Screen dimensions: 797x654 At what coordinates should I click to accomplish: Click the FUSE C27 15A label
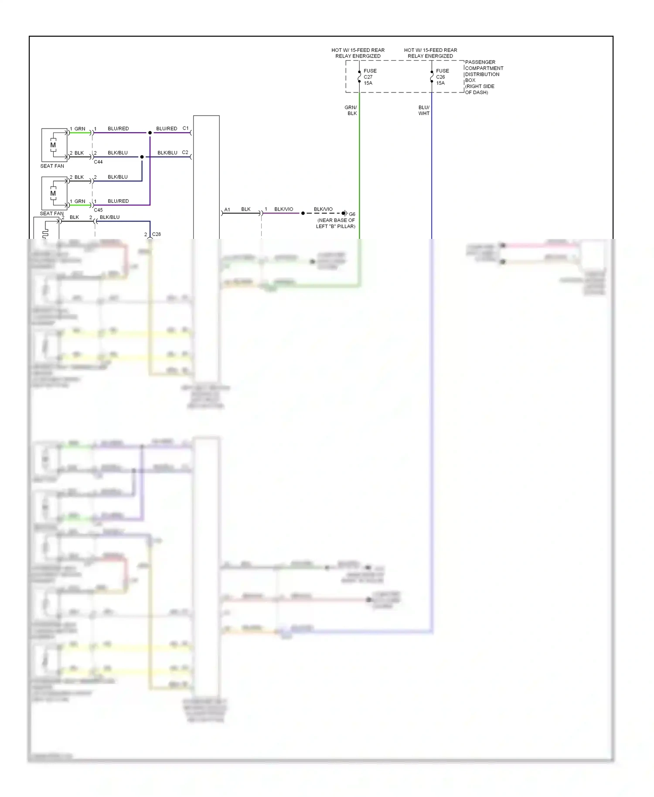click(370, 77)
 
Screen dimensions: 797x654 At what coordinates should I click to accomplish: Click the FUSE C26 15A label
click(442, 77)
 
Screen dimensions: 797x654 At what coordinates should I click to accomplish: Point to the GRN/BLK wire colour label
click(351, 110)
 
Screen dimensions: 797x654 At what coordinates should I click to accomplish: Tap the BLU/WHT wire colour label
click(424, 110)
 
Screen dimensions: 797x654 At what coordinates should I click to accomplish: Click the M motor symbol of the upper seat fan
click(53, 145)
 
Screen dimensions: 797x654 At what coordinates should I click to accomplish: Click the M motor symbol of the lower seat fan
click(53, 193)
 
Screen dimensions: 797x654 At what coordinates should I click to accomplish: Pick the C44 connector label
click(98, 162)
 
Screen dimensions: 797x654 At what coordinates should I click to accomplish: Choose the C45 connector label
click(98, 210)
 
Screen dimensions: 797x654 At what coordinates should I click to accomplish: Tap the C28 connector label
click(156, 235)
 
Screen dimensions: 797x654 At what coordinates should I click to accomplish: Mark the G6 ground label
click(352, 215)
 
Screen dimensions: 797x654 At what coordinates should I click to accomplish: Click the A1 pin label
click(227, 210)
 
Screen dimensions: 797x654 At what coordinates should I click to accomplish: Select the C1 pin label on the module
click(186, 128)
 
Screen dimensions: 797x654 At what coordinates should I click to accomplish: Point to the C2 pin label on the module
click(185, 152)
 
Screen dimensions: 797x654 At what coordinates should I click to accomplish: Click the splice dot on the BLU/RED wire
click(150, 133)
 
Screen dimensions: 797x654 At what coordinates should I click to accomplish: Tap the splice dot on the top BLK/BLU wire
click(142, 157)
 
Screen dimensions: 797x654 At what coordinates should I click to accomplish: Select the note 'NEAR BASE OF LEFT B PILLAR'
click(336, 223)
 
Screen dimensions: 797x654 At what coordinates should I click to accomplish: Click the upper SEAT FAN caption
click(52, 166)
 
